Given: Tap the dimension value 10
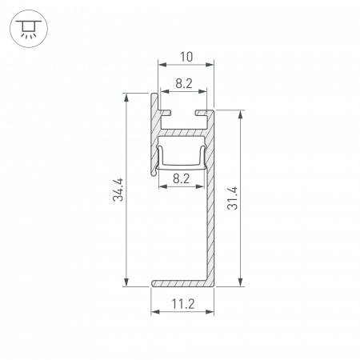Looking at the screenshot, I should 186,57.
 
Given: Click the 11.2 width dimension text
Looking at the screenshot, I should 184,304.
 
